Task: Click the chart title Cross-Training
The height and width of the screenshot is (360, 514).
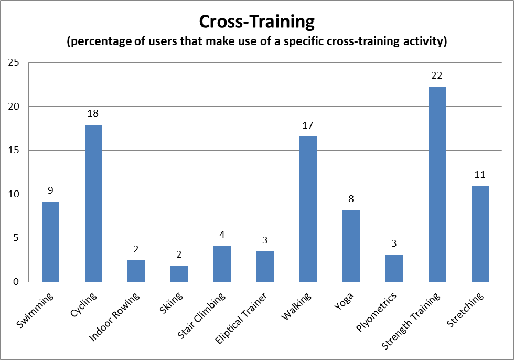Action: coord(256,22)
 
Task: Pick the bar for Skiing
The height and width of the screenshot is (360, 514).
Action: coord(179,273)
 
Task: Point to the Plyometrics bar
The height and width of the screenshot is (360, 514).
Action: coord(394,268)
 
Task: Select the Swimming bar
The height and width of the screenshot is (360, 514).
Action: coord(50,241)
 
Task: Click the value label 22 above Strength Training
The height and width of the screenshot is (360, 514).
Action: coord(437,76)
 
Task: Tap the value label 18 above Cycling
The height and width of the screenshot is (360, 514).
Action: coord(93,113)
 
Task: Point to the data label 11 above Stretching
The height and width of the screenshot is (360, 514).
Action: coord(480,175)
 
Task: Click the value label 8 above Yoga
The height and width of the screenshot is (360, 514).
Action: coord(351,199)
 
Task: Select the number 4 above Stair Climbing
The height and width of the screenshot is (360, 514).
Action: coord(222,235)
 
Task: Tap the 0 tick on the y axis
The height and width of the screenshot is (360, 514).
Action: coord(16,282)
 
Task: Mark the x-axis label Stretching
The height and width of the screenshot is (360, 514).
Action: coord(468,309)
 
